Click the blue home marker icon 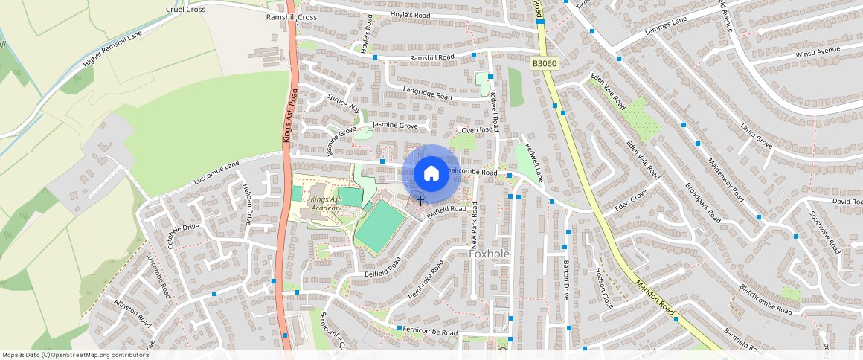click(431, 173)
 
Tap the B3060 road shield click(545, 65)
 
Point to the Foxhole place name click(490, 254)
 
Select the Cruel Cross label click(186, 10)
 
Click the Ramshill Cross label click(291, 17)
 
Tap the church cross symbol click(420, 200)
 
